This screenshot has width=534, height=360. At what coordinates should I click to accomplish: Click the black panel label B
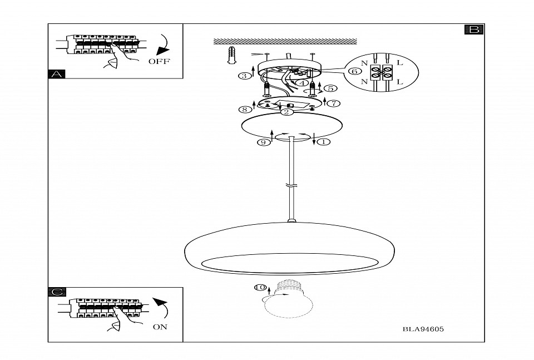point(474,29)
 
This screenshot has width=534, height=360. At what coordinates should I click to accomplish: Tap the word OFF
point(159,61)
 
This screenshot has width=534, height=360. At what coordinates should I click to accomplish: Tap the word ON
point(160,327)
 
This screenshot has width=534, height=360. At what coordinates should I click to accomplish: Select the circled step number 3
point(244,76)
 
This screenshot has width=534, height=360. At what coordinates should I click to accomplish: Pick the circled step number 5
point(330,88)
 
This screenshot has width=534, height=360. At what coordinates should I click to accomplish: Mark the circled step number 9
point(263,142)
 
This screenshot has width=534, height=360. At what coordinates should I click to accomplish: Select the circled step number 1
point(325,142)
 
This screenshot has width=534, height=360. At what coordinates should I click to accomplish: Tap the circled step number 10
point(259,288)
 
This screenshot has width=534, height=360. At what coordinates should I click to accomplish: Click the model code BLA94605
point(423,329)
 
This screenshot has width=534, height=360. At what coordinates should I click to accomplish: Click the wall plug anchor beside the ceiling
point(233,56)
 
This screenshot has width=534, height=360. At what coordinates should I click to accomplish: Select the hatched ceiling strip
point(284,41)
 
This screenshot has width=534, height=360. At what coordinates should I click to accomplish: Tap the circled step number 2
point(285,112)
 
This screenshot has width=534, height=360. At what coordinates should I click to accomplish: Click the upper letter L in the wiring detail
point(399,63)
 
